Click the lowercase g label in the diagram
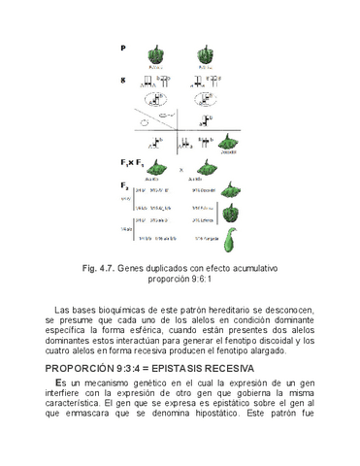pos(123,81)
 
